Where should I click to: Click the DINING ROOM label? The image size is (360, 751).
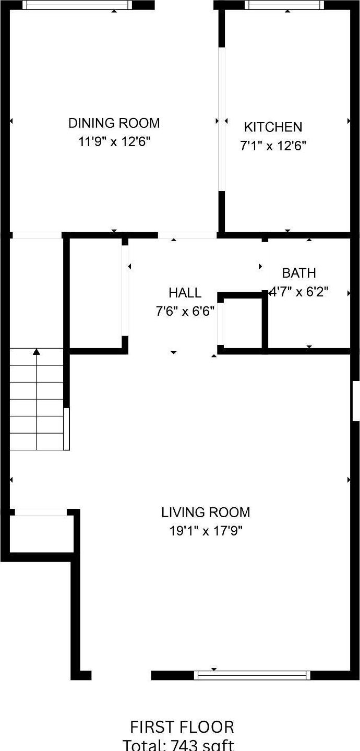(114, 123)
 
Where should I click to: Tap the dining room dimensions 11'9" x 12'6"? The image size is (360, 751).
(114, 142)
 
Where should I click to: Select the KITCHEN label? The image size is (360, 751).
(273, 127)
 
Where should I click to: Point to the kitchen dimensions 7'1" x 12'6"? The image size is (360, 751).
(273, 146)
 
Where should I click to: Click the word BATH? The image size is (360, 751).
(298, 273)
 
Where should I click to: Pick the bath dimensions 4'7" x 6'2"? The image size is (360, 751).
(298, 292)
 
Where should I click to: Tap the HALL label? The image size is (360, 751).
(185, 293)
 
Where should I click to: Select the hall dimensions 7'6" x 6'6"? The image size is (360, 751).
(185, 312)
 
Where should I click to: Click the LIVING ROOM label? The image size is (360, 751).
(206, 512)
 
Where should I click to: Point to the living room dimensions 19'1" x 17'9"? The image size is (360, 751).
(206, 531)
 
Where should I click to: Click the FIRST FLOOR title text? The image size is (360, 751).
(182, 726)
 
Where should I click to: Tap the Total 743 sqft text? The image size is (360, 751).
(178, 745)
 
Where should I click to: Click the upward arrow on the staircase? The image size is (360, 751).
(37, 353)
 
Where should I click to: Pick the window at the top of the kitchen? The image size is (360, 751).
(285, 5)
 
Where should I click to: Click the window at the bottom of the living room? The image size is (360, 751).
(252, 675)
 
